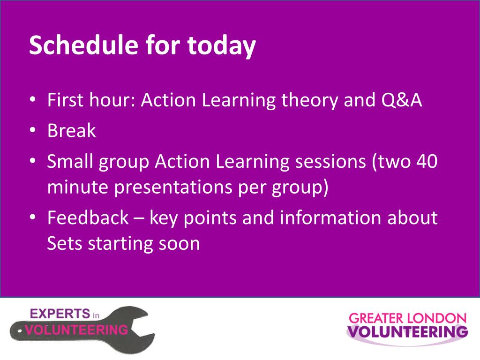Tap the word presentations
click(x=173, y=187)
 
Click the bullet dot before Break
click(x=33, y=130)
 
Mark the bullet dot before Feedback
click(x=33, y=217)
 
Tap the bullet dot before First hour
click(x=33, y=99)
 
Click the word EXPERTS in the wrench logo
click(x=60, y=314)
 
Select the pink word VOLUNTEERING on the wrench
click(x=76, y=330)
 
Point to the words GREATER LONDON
click(x=407, y=318)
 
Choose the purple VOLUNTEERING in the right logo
click(x=407, y=332)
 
